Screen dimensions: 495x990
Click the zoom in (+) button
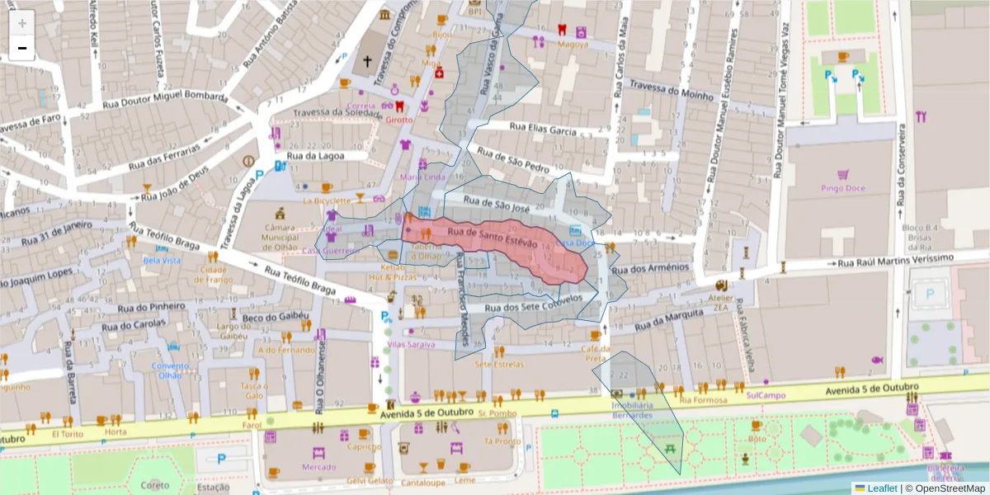coord(22,23)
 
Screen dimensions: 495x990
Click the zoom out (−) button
coord(22,48)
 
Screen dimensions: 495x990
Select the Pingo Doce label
coord(843,188)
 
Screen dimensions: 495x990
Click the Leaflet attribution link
coord(882,488)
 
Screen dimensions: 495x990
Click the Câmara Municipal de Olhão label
coord(280,237)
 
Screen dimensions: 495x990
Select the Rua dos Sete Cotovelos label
coord(540,304)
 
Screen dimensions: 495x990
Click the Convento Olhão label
coord(171,370)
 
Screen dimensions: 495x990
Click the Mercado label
coord(318,467)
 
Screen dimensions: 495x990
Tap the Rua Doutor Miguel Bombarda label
coord(165,101)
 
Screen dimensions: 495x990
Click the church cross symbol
coord(368,60)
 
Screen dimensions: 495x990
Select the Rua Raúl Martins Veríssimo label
coord(895,261)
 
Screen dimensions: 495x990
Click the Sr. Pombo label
coord(497,412)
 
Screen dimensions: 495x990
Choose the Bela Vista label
coord(162,260)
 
